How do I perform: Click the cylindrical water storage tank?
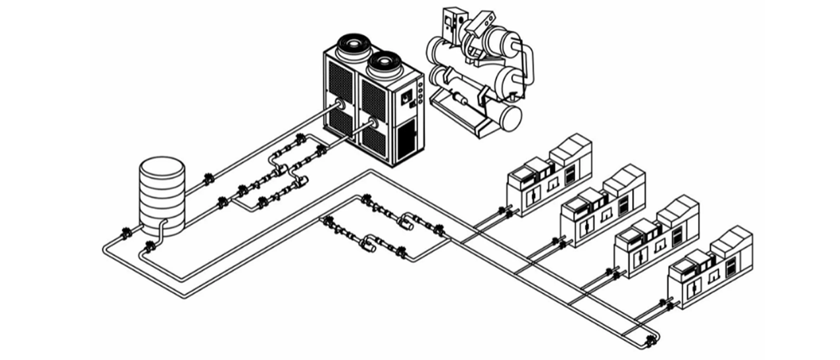point(162,196)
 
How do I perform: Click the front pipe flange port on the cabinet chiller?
point(374,123)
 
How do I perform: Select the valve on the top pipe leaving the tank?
point(208,179)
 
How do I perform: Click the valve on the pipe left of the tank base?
point(126,234)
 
